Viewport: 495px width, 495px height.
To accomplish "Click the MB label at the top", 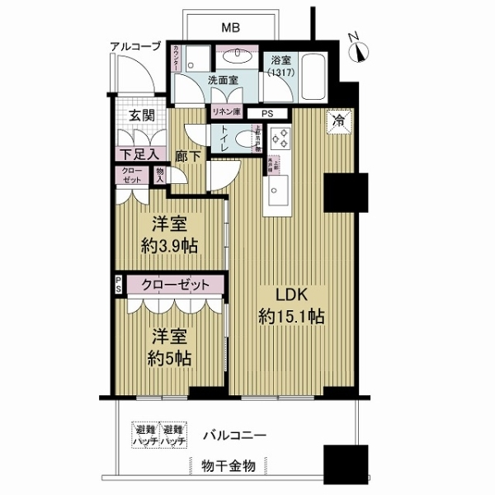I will pos(232,28).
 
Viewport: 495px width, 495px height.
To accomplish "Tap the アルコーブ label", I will pos(135,47).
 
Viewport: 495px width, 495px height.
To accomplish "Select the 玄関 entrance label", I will pos(140,115).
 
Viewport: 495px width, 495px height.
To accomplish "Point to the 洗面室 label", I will pos(223,82).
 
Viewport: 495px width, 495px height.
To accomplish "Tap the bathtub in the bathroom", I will pos(313,70).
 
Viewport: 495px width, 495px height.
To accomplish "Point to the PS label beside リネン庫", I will pos(266,114).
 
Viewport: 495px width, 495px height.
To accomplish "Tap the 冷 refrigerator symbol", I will pos(339,120).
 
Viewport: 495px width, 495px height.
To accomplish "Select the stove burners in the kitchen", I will pos(279,138).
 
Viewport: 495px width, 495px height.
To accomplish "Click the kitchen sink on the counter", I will pos(276,193).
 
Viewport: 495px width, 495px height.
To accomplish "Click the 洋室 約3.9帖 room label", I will pos(172,235).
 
